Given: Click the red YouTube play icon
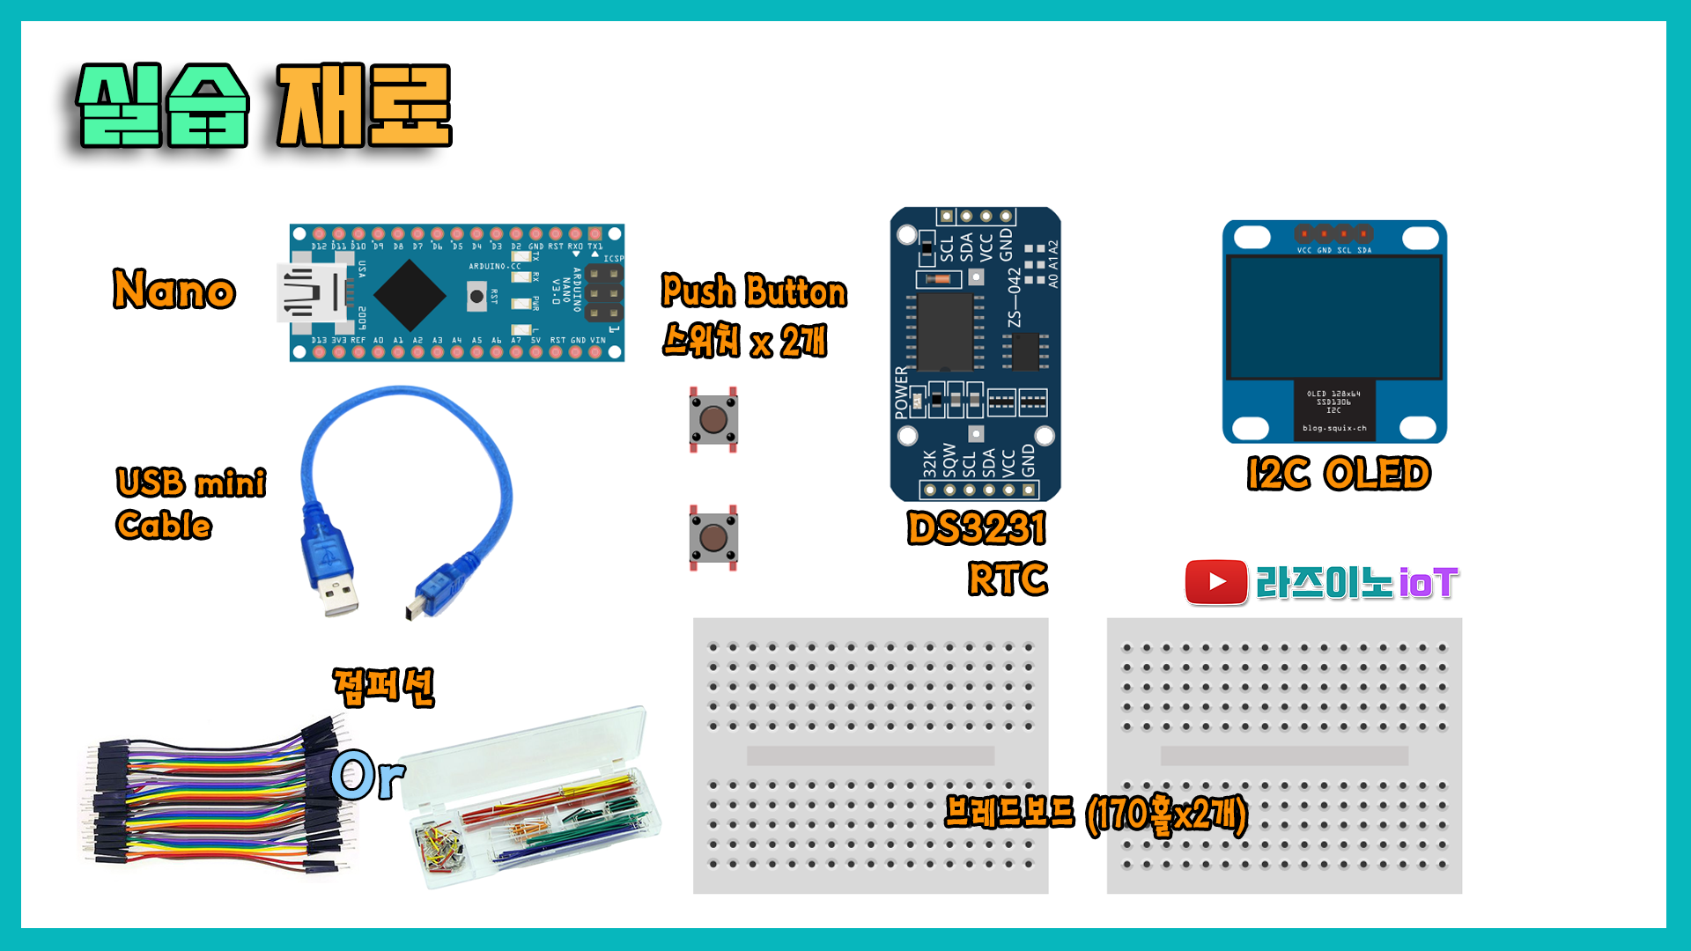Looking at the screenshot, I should point(1216,582).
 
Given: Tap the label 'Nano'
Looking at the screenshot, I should point(174,290).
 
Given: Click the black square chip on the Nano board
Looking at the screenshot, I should point(410,295).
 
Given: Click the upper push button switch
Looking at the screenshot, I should point(713,420).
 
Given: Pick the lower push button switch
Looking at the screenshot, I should point(713,538).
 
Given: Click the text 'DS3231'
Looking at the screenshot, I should point(977,528).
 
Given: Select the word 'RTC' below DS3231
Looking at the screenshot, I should point(1008,579).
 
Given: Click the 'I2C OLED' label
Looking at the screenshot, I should point(1339,474).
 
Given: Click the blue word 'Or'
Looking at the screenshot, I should point(368,775).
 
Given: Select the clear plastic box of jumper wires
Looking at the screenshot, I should point(533,797).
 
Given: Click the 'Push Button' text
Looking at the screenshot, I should point(754,291).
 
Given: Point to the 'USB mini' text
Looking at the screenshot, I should point(191,483).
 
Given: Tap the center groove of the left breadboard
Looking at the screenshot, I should point(870,756).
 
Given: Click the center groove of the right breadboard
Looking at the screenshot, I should point(1284,756).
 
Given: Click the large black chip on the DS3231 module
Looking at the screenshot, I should point(945,333).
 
